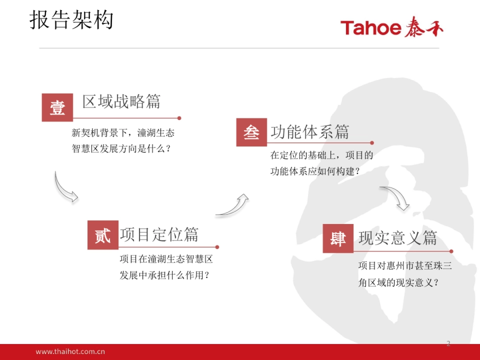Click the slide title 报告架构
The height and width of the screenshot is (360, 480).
tap(72, 20)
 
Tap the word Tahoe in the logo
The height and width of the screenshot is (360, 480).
tap(371, 28)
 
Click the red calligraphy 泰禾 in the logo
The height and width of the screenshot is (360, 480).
tap(424, 27)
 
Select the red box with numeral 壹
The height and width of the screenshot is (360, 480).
tap(57, 108)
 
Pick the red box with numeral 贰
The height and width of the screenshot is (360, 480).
tap(103, 235)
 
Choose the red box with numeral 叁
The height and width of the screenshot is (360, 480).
tap(252, 132)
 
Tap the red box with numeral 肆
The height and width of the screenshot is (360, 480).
tap(338, 238)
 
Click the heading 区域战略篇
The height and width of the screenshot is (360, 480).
tap(121, 102)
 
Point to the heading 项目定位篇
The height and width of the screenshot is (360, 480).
tap(159, 234)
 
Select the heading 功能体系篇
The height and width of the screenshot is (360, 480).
tap(310, 132)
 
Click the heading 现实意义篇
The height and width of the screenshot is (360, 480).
tap(398, 238)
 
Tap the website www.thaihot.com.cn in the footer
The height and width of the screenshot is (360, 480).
tap(70, 352)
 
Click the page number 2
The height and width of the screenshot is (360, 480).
tap(448, 343)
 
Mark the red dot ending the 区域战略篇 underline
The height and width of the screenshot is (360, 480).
tap(179, 118)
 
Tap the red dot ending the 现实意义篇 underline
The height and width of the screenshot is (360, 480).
tap(451, 251)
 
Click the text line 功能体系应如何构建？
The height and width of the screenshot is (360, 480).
tap(315, 171)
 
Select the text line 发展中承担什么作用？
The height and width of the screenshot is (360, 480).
tap(164, 275)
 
